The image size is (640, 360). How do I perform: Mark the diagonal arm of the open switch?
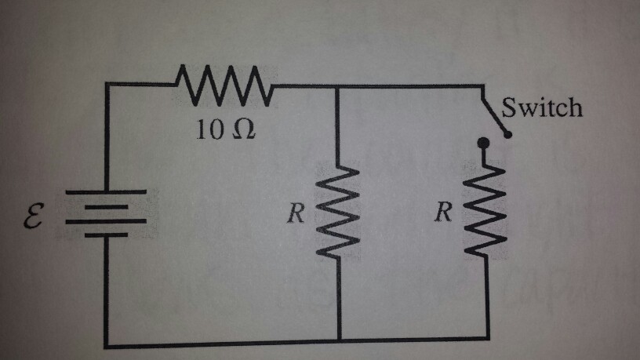[x=496, y=111]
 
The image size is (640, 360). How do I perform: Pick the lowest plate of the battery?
[x=106, y=235]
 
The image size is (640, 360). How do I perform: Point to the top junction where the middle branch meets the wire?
[x=339, y=87]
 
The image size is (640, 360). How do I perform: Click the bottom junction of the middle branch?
[x=339, y=342]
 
